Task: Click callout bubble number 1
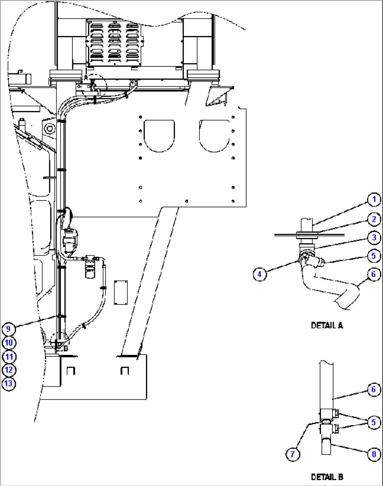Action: pyautogui.click(x=374, y=199)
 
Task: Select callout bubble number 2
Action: pyautogui.click(x=374, y=219)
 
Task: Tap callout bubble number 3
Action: pyautogui.click(x=374, y=238)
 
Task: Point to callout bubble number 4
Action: pyautogui.click(x=260, y=274)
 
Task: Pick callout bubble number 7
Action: pyautogui.click(x=293, y=454)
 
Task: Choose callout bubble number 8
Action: pyautogui.click(x=374, y=454)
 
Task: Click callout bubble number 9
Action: pyautogui.click(x=8, y=329)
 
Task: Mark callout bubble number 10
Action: pyautogui.click(x=9, y=343)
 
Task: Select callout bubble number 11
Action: pyautogui.click(x=9, y=357)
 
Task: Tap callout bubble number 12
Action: pyautogui.click(x=9, y=370)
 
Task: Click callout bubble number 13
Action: pyautogui.click(x=9, y=383)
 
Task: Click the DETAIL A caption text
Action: pyautogui.click(x=327, y=326)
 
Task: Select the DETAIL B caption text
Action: pyautogui.click(x=327, y=477)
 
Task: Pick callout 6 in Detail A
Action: pyautogui.click(x=374, y=274)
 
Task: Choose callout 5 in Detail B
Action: pyautogui.click(x=374, y=422)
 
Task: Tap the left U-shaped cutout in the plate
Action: pyautogui.click(x=159, y=136)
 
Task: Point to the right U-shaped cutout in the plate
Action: pyautogui.click(x=214, y=136)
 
